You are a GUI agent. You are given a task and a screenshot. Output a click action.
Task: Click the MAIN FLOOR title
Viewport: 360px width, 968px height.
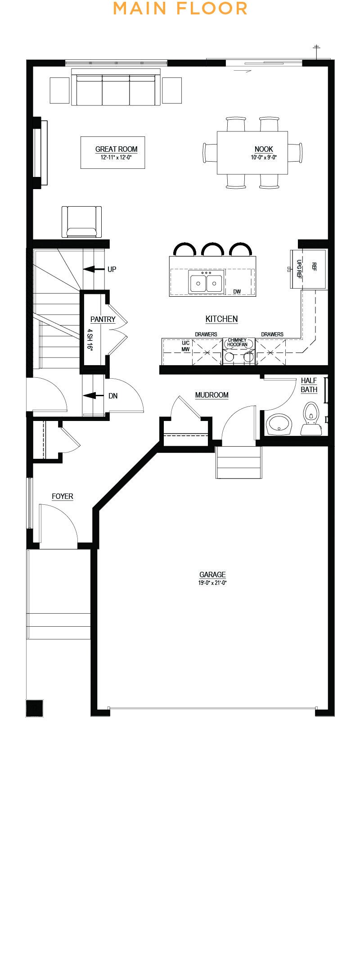(x=180, y=8)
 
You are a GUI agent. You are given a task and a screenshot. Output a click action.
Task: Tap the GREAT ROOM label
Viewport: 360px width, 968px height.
(x=116, y=149)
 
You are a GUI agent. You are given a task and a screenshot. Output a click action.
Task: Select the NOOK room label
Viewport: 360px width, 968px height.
(x=264, y=149)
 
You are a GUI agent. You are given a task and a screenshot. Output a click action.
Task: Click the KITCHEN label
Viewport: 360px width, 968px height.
(x=221, y=319)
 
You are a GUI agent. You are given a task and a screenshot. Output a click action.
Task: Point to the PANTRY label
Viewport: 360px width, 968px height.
(x=103, y=319)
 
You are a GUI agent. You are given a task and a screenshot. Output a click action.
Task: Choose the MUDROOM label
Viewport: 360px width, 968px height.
(x=211, y=395)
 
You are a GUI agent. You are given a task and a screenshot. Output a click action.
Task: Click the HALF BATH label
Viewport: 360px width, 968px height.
(x=309, y=385)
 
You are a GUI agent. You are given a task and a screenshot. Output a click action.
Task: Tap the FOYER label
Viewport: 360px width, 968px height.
(x=62, y=496)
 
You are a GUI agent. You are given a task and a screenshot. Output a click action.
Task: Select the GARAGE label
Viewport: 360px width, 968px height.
(x=212, y=574)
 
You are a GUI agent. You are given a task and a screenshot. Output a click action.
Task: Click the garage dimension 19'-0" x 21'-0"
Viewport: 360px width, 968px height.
(x=212, y=583)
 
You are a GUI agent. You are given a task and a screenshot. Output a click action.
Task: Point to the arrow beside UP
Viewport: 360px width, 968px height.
(x=94, y=269)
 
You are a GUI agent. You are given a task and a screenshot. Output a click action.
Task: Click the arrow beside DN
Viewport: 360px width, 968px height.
(x=94, y=396)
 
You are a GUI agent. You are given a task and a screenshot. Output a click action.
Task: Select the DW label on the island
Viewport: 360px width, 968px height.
(x=237, y=292)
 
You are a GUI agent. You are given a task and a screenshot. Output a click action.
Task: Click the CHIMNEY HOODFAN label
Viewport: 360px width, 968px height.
(x=237, y=342)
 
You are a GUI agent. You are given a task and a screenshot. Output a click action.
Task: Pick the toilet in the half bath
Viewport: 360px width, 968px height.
(x=311, y=419)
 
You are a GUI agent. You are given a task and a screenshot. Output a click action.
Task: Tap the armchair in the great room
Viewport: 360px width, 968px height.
(x=81, y=222)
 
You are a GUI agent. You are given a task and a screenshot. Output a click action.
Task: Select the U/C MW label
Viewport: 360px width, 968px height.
(x=185, y=346)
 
